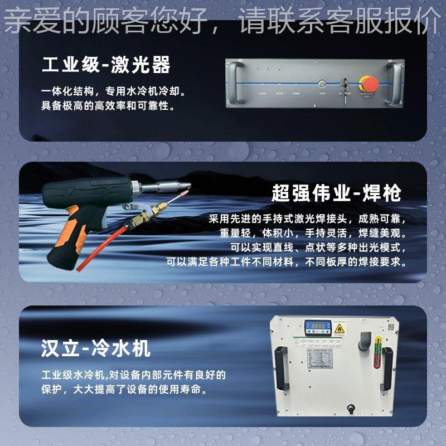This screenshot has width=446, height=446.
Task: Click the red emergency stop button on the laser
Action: (x=371, y=84)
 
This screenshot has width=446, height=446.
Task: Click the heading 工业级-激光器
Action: (x=106, y=66)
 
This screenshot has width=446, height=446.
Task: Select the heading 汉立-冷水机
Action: (x=96, y=350)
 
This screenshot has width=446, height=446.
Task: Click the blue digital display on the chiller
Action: (x=318, y=328)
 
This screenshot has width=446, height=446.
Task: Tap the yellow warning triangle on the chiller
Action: (x=340, y=329)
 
